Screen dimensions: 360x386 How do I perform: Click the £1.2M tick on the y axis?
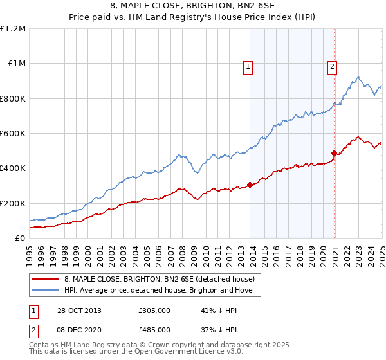pyautogui.click(x=13, y=29)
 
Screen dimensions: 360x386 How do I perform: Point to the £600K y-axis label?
pyautogui.click(x=13, y=134)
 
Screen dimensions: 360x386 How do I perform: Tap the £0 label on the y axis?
pyautogui.click(x=20, y=239)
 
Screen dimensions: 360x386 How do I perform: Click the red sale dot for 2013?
pyautogui.click(x=250, y=185)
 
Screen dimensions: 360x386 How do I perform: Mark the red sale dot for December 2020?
pyautogui.click(x=334, y=153)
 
